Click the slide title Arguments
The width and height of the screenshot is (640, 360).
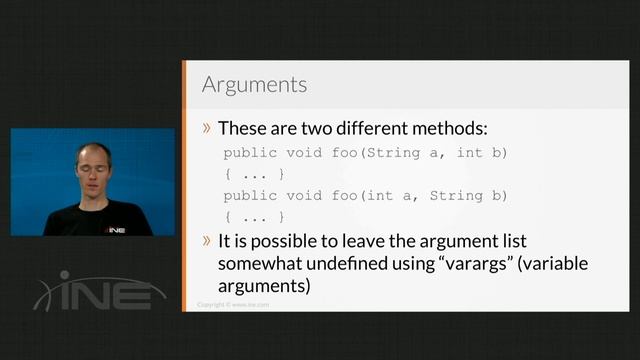tap(254, 83)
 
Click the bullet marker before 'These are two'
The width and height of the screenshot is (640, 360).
tap(207, 128)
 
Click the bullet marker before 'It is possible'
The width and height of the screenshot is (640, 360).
tap(207, 242)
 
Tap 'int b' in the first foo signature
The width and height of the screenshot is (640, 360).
tap(482, 152)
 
